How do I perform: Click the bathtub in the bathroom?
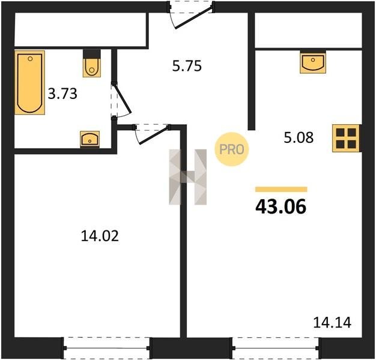(30, 82)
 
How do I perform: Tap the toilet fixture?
(92, 64)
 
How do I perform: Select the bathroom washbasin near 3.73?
(89, 139)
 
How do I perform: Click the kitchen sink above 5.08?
(313, 62)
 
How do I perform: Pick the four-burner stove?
(346, 139)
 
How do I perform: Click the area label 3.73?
(62, 94)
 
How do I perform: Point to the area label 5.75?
(187, 66)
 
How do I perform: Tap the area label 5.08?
(299, 138)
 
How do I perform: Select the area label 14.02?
(100, 236)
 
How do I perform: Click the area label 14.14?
(332, 322)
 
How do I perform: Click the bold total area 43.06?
(281, 207)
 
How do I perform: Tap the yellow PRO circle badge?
(232, 149)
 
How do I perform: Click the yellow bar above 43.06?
(281, 189)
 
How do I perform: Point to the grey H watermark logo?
(188, 177)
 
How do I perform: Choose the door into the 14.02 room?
(152, 134)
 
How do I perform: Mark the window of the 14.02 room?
(107, 348)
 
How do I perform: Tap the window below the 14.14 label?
(276, 348)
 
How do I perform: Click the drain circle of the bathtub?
(30, 59)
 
